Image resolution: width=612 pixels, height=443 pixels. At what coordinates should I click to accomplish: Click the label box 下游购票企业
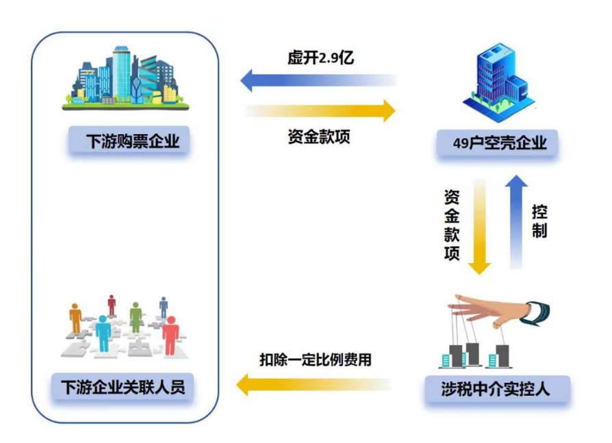coord(129,142)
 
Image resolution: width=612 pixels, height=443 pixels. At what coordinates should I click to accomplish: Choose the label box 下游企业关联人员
coord(123,387)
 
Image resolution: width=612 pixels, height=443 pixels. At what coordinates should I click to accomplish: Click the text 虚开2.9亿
coord(320,58)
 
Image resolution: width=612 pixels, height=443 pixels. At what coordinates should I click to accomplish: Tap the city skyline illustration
coord(128,78)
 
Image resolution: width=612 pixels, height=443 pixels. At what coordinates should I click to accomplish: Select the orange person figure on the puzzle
coord(75,319)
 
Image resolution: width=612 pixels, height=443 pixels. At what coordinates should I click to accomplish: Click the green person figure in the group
coord(136,317)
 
